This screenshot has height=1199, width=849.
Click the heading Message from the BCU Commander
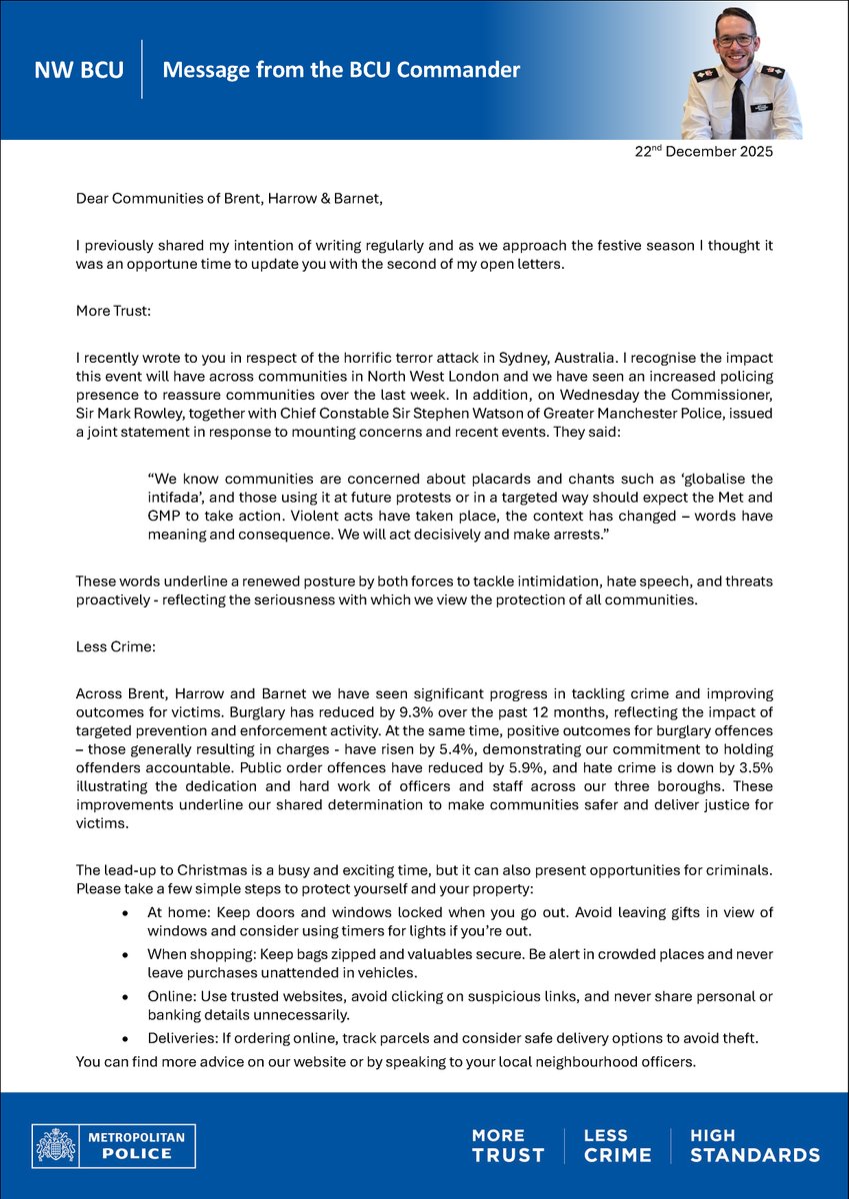click(x=341, y=71)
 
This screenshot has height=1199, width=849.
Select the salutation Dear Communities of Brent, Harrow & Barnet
click(x=229, y=199)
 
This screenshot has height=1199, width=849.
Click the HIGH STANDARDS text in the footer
click(x=754, y=1145)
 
